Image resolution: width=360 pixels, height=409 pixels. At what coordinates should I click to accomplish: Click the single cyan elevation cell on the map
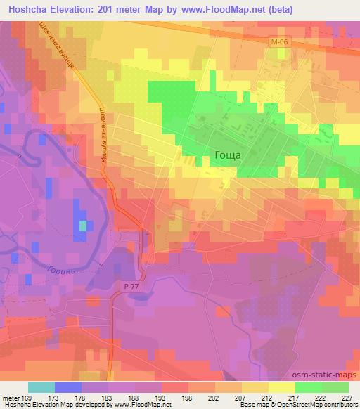pos(83,226)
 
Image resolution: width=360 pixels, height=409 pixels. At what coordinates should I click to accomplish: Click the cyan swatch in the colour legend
pos(41,387)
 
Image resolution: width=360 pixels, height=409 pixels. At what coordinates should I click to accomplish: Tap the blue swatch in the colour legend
pos(67,387)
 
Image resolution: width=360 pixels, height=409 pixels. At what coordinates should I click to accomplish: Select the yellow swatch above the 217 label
pos(281,387)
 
